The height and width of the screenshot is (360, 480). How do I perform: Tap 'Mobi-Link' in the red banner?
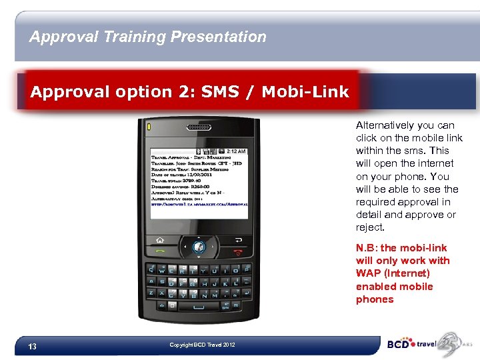click(305, 92)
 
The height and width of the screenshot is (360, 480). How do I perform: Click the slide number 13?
click(32, 347)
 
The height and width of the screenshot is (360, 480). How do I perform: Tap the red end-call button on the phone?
click(239, 251)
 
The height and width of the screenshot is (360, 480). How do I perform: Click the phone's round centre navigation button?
click(198, 247)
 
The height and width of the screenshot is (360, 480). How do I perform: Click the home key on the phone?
click(160, 239)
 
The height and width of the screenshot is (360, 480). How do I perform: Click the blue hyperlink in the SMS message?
click(199, 205)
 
